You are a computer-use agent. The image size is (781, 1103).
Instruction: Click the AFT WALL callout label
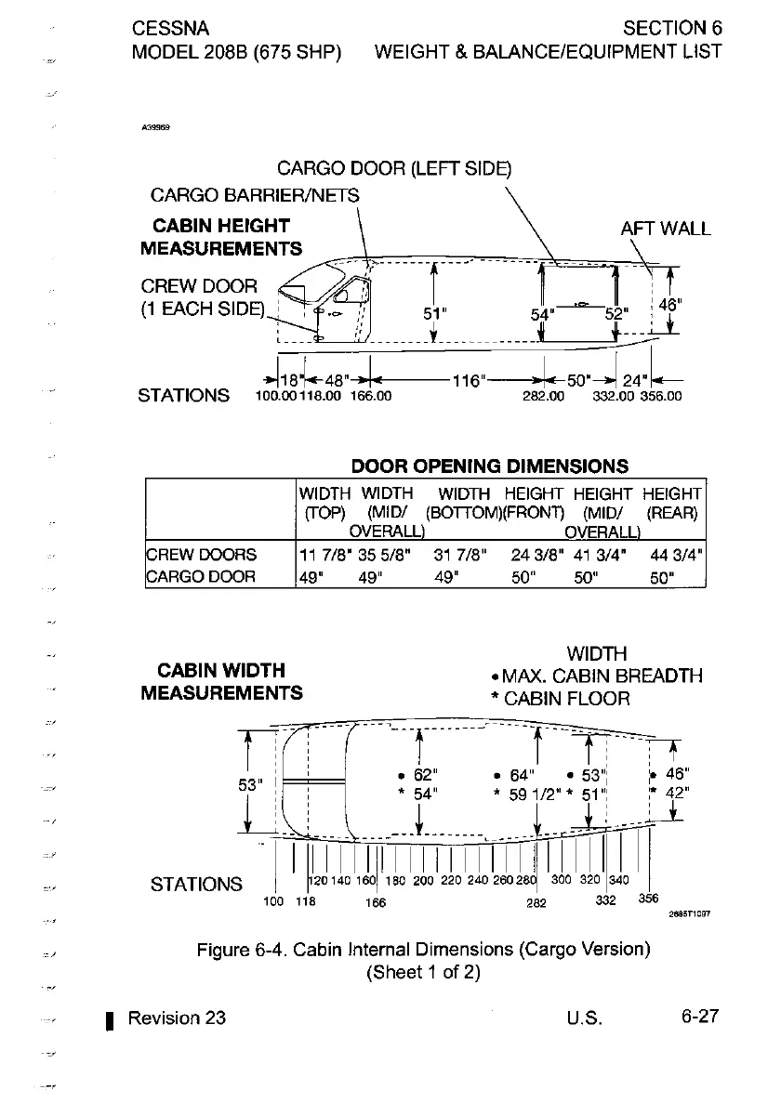665,229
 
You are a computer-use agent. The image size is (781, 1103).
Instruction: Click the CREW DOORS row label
203,556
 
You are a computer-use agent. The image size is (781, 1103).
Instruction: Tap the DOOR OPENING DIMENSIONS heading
489,466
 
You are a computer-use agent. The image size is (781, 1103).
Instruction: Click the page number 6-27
699,1016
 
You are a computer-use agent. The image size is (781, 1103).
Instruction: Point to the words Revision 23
177,1017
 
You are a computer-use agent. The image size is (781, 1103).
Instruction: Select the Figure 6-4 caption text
422,950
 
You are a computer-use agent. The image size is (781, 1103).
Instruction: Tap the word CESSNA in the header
171,27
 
